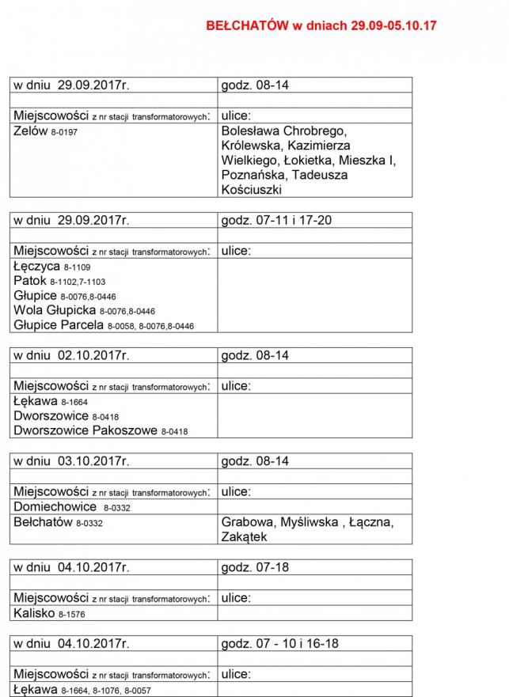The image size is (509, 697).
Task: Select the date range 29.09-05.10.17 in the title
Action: point(388,26)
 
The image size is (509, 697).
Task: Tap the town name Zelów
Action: point(31,131)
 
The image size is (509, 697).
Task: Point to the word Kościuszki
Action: point(251,190)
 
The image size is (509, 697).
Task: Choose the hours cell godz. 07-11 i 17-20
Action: point(276,220)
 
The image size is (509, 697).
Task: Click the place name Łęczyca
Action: point(36,267)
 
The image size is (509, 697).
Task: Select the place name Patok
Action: point(30,281)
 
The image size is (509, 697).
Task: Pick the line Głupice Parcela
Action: point(59,325)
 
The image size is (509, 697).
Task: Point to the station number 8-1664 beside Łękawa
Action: point(77,403)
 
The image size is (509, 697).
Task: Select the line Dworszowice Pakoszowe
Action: point(85,431)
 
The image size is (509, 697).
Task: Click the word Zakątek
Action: point(245,537)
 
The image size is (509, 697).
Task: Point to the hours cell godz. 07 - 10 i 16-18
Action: point(279,644)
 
